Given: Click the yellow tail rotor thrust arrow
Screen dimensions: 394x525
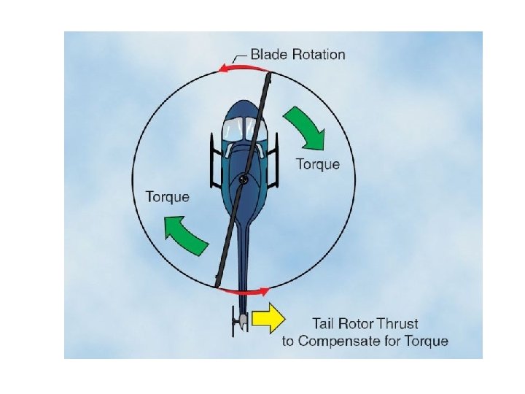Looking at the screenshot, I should click(267, 318).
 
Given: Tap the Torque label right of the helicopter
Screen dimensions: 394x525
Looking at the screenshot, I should click(317, 163).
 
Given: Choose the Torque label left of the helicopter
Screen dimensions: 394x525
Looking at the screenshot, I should click(168, 196).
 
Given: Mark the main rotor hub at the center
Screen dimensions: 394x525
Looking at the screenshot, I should click(244, 177).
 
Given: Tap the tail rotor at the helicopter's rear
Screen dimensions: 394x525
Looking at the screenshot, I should click(238, 321).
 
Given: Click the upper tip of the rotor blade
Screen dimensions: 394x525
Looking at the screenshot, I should click(269, 74).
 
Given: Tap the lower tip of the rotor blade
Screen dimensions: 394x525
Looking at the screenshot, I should click(218, 282).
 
